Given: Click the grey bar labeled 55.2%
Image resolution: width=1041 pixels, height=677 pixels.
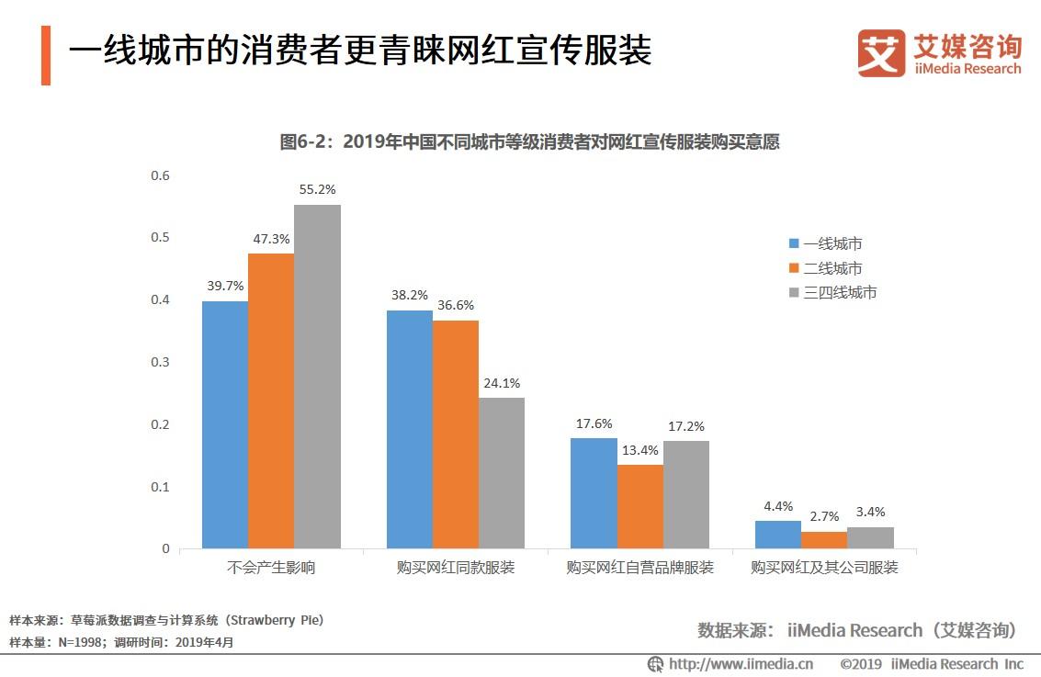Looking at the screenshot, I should [318, 376].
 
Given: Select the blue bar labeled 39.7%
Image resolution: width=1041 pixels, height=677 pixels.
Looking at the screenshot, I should [225, 424].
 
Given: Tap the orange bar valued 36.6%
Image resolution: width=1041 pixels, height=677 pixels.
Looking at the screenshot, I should [456, 434].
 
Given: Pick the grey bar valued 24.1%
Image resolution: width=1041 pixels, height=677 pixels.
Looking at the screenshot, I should [502, 473].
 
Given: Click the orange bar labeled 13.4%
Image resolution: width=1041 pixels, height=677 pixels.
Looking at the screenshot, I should [640, 506].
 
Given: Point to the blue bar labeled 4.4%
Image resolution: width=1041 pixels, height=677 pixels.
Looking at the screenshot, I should [778, 535].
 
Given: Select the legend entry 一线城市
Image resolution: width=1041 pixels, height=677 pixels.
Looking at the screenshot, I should [825, 243].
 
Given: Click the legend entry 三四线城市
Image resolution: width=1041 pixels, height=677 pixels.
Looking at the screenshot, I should [832, 293].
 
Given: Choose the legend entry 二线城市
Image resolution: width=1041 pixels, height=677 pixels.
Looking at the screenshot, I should [825, 268].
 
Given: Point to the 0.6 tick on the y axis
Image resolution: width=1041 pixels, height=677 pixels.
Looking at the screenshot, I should [161, 175].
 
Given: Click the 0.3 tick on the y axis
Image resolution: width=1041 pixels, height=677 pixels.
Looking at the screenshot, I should [161, 362].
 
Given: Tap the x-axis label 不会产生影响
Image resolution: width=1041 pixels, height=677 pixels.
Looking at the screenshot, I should [271, 568].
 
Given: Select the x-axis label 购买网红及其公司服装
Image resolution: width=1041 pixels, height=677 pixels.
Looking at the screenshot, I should [824, 568].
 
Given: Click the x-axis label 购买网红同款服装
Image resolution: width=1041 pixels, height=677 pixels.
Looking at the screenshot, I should [456, 568].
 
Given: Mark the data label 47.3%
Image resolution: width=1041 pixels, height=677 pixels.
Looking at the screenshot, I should [271, 239].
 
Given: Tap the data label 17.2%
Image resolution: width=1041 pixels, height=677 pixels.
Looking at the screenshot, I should [686, 427].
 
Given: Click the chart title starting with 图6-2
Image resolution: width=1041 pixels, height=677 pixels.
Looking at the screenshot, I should [529, 142].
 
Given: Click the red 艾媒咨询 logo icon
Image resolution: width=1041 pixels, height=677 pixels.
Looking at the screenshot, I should [880, 52].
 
